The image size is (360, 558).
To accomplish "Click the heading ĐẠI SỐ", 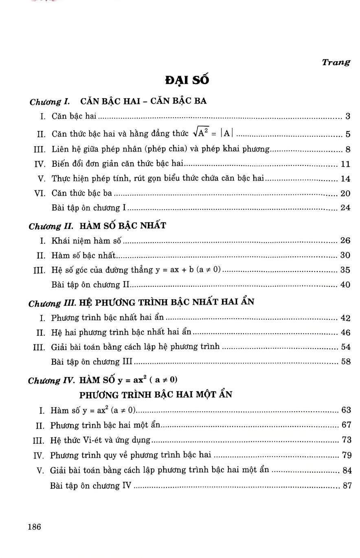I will point(187,80).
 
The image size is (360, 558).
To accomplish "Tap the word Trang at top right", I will point(336,62).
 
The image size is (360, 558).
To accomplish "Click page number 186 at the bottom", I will point(35,527).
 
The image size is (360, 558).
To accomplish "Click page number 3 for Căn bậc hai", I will point(348,117).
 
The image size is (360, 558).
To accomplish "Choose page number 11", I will point(345,164).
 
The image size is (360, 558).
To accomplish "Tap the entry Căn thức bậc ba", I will point(81,193).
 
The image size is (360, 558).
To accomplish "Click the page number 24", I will point(345,207).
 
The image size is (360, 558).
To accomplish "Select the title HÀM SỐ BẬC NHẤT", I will point(123,225).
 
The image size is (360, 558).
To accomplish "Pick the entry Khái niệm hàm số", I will point(86,240).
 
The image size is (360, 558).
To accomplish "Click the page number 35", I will point(345,270).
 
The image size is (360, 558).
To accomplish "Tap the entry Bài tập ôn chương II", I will point(90,285).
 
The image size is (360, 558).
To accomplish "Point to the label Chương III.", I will point(52,303).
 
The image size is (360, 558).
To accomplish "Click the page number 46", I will point(345,333).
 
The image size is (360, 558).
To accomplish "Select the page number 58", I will point(345,362).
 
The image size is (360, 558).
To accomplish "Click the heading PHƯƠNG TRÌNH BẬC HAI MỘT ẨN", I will point(156,395).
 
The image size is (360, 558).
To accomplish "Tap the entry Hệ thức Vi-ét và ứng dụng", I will point(100,440).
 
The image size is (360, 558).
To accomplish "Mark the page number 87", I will point(346,486).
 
